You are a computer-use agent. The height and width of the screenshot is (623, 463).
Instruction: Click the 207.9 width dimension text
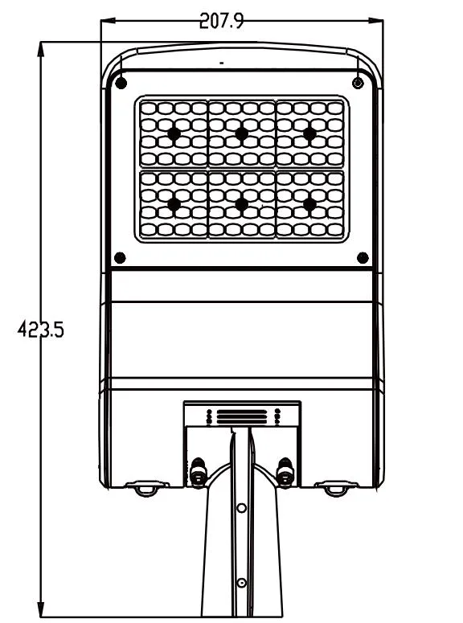pos(221,21)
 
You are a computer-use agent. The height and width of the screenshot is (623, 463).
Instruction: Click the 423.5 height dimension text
pos(40,330)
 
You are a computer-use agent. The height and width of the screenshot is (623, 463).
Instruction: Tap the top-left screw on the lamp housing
pos(121,84)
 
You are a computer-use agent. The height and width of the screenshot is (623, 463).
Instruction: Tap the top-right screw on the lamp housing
pos(358,83)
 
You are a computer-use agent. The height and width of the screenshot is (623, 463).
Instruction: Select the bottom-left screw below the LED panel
pos(120,258)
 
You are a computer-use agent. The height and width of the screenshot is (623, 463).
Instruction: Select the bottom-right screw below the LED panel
pos(363,258)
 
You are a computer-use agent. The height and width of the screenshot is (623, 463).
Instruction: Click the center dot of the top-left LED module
pos(174,133)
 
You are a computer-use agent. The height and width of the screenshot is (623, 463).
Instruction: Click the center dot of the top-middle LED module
pos(242,133)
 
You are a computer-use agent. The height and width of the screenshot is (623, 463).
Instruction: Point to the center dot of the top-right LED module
pos(309,133)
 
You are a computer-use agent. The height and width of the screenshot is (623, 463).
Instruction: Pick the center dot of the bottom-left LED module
pos(174,204)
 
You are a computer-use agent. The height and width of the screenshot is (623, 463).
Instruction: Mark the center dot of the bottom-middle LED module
pos(242,204)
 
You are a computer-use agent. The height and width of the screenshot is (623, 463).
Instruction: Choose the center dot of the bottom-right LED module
pos(309,204)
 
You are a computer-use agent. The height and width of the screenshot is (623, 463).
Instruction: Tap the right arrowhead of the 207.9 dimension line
pos(375,20)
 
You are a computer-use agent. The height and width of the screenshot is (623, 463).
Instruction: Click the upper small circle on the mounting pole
pos(241,508)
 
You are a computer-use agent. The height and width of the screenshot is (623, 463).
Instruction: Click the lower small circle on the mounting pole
pos(241,583)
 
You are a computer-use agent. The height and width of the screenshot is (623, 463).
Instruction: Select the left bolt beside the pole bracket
pos(199,472)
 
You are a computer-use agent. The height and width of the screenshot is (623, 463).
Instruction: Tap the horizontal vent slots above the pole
pos(242,417)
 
